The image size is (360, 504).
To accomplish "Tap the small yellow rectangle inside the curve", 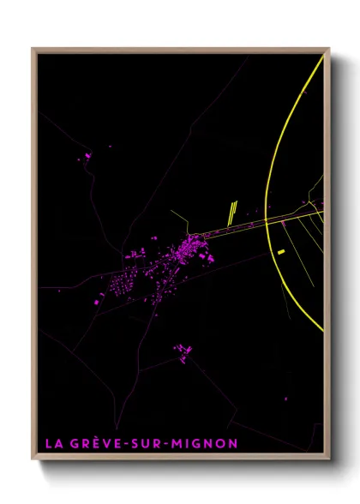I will coord(281,251).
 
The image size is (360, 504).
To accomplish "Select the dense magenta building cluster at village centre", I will coord(190,251).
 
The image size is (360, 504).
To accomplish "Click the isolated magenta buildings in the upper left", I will coord(87,156).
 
